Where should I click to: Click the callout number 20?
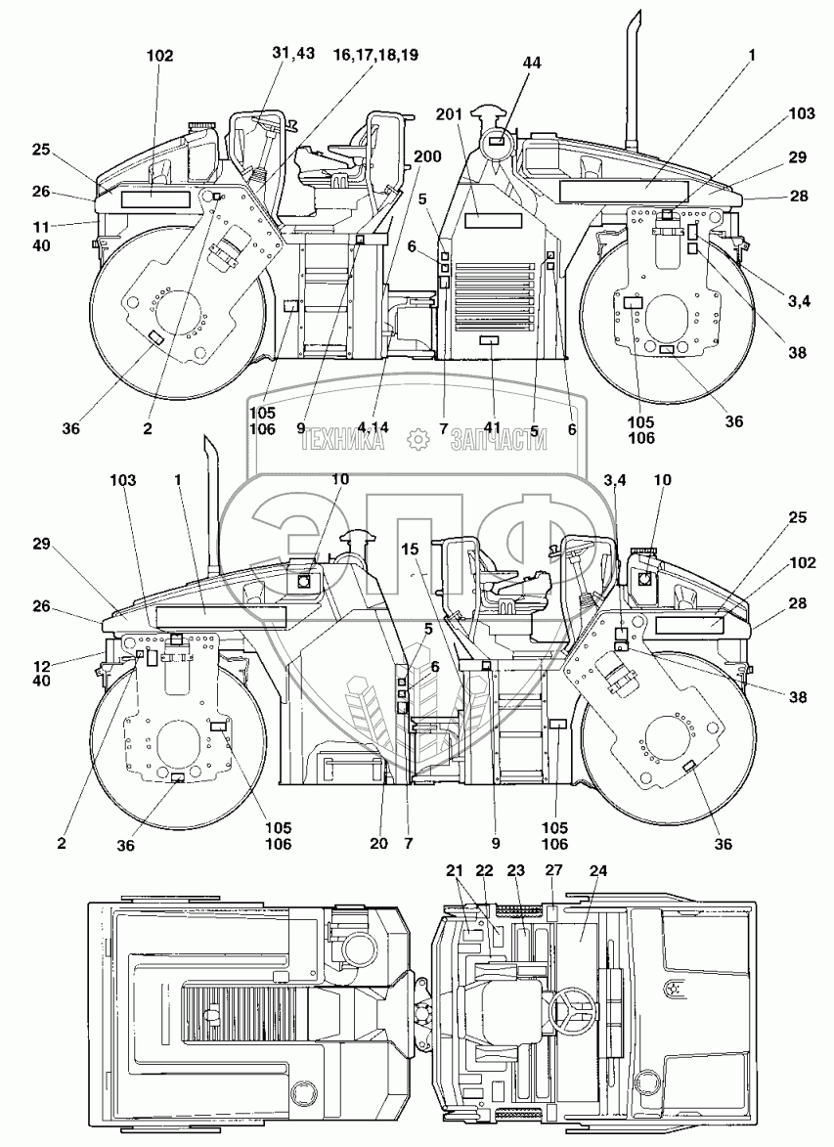coord(379,843)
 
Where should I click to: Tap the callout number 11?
coord(41,226)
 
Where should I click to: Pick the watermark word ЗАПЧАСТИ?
coord(498,441)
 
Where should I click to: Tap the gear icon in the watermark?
coord(418,441)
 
